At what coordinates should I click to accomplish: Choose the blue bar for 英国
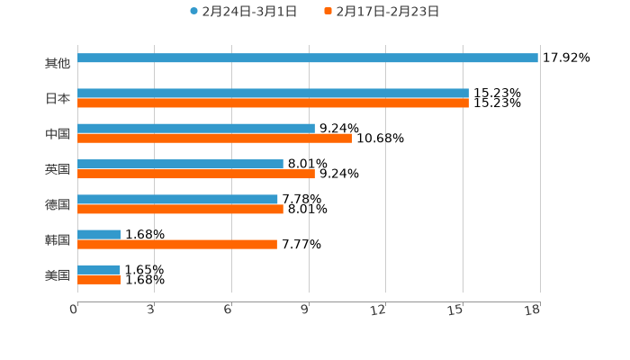click(x=180, y=165)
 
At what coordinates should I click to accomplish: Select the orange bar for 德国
click(x=180, y=210)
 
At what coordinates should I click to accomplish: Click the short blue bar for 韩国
click(x=99, y=235)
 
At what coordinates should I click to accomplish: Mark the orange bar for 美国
click(x=99, y=280)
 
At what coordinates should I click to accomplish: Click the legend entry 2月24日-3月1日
click(x=243, y=12)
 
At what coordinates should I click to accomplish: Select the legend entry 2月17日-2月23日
click(x=382, y=12)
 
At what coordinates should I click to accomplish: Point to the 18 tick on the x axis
click(x=533, y=310)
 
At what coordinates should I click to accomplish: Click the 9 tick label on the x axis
click(x=305, y=310)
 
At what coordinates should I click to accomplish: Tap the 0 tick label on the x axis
click(x=74, y=310)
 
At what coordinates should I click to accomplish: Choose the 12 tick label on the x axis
click(x=379, y=310)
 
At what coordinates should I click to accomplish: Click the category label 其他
click(x=58, y=63)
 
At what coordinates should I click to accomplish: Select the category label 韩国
click(x=58, y=239)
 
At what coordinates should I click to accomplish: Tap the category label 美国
click(x=58, y=275)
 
